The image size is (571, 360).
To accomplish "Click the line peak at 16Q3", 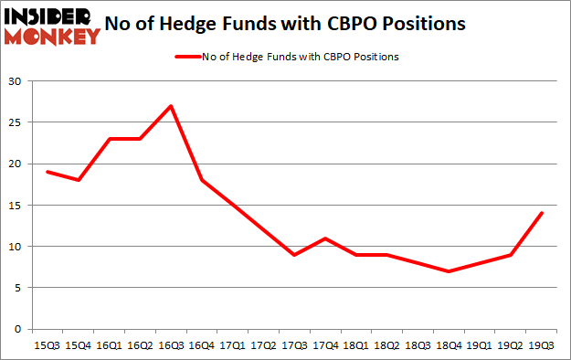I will (x=170, y=106).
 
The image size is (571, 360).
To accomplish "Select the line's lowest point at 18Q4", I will (x=449, y=271).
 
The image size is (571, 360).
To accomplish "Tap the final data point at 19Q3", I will (x=542, y=213).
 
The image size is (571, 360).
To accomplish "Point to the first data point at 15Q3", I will (x=47, y=172).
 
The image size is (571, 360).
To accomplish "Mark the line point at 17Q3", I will (x=293, y=255).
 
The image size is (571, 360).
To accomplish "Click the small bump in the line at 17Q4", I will (x=325, y=238).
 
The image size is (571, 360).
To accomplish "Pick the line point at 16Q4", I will (x=201, y=180).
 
